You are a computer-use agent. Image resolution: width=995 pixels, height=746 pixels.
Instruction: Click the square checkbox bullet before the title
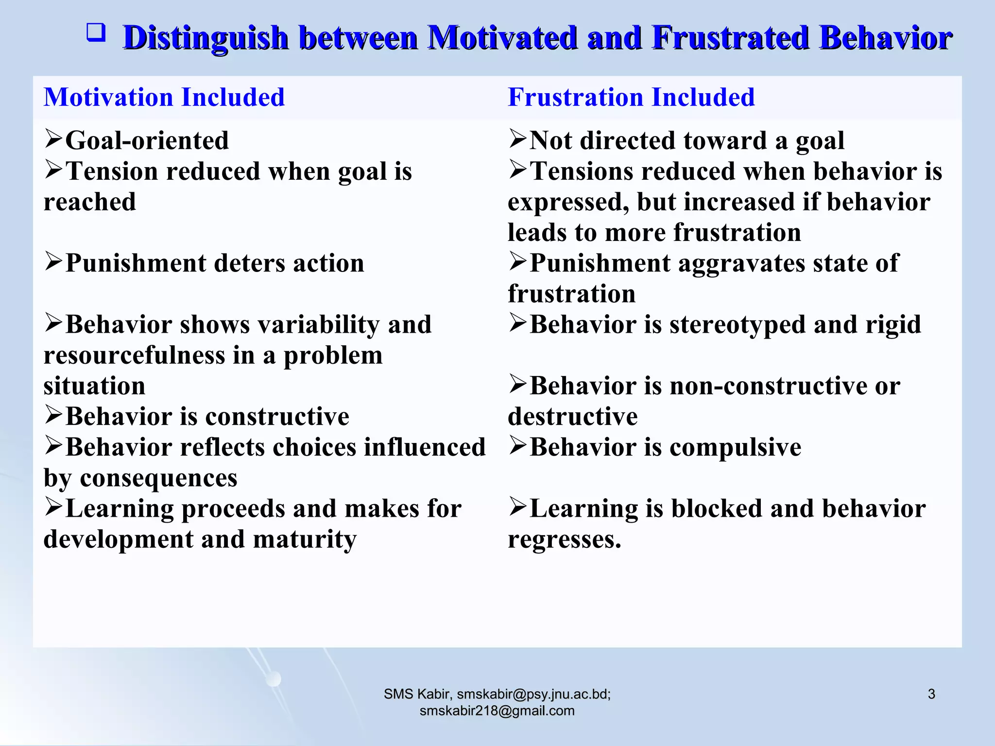point(96,34)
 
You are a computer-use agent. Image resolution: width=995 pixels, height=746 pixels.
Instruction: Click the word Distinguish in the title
point(206,38)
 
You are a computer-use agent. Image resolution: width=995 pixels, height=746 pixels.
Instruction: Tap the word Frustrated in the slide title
point(730,38)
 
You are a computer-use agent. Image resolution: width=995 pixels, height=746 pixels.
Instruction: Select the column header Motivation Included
point(164,97)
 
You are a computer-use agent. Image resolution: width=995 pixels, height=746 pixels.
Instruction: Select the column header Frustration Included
point(631,97)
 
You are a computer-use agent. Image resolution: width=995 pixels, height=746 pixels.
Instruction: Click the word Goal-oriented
point(147,141)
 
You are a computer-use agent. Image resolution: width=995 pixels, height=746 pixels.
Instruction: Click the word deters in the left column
point(249,264)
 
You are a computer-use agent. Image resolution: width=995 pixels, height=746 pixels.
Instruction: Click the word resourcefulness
point(134,356)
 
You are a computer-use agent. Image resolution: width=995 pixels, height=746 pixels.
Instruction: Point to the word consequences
point(158,478)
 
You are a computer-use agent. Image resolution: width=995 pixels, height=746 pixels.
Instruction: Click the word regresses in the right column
point(564,540)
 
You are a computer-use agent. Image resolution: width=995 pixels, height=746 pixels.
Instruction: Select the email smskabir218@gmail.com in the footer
point(497,711)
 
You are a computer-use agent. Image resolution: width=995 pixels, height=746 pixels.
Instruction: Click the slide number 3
point(931,694)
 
